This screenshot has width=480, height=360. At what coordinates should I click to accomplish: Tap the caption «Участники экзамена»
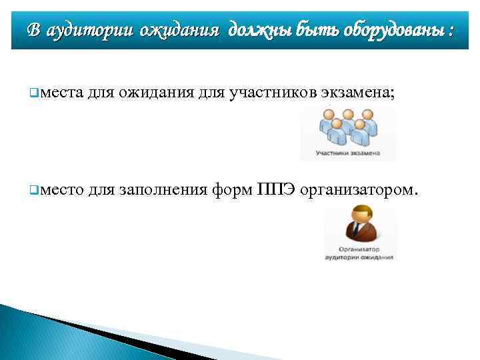click(x=348, y=153)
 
